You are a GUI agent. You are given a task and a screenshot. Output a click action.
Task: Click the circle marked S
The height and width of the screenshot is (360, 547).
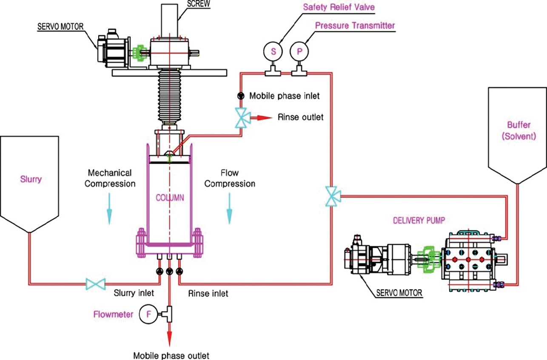click(273, 51)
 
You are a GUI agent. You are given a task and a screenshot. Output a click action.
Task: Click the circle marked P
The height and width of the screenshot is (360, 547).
click(299, 51)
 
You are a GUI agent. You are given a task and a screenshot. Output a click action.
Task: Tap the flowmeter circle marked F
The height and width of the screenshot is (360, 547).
click(148, 314)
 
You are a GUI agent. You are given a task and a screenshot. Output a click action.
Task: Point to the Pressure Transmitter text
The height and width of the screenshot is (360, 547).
click(355, 26)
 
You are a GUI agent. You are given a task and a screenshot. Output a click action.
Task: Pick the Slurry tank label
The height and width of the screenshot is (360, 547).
click(31, 179)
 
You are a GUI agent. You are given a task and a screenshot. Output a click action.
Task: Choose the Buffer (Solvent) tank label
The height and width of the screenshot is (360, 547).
click(516, 131)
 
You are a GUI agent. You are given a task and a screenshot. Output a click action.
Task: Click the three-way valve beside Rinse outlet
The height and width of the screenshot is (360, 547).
click(242, 117)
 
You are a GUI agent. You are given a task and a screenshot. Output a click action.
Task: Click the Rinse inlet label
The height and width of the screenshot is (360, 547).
click(208, 293)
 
